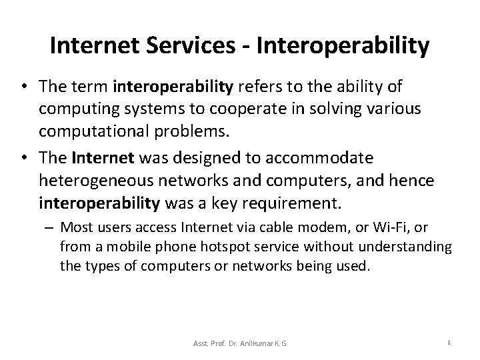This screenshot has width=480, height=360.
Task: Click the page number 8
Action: coord(451,343)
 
